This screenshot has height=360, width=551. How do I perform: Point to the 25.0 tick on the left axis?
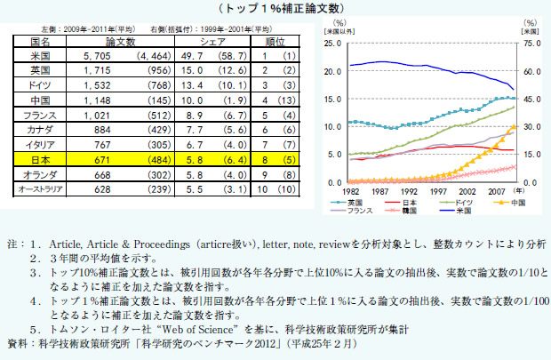(334, 42)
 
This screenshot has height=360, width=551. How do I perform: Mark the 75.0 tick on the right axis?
(530, 42)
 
